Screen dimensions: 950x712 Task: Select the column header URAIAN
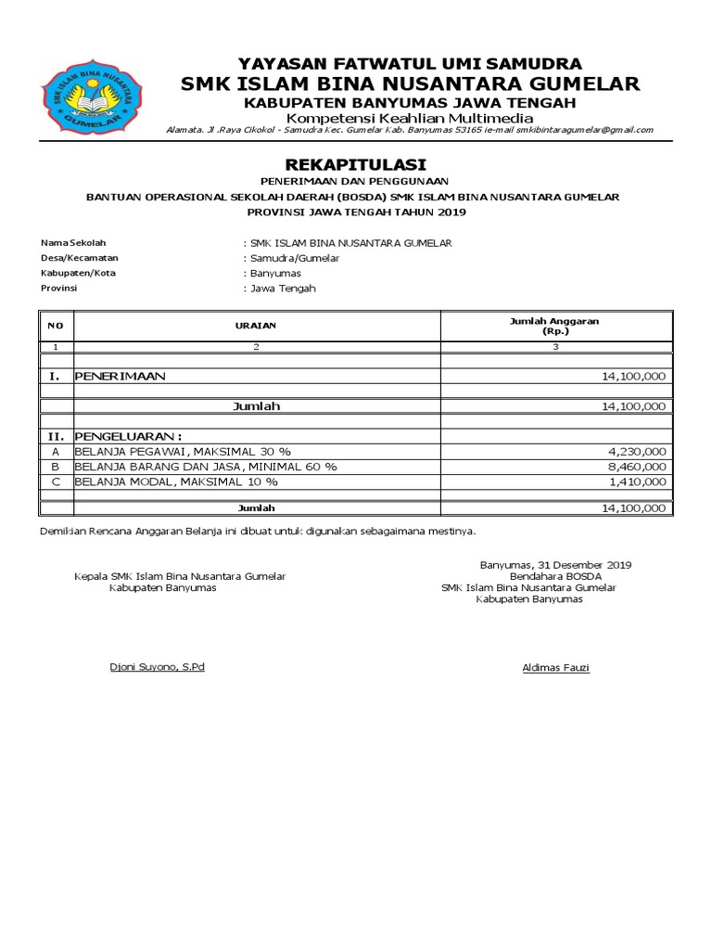pos(256,326)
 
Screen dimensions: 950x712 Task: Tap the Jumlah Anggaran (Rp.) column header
pos(555,326)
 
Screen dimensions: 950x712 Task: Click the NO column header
pos(55,326)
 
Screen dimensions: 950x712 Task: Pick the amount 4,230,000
pos(633,450)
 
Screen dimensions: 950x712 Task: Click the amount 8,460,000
pos(633,466)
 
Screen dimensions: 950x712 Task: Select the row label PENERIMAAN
pos(120,376)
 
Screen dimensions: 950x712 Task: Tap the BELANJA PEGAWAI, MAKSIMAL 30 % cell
pos(183,450)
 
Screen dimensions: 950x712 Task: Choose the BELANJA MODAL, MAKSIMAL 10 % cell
pos(176,481)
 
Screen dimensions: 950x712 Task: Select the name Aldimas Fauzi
pos(555,668)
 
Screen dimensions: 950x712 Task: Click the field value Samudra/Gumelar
pos(281,258)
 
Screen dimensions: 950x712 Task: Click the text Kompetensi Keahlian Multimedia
pos(409,118)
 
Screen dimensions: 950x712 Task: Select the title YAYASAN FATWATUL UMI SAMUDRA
pos(410,64)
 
